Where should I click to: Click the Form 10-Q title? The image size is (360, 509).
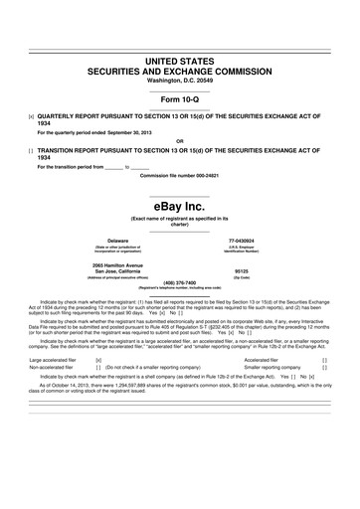coord(180,103)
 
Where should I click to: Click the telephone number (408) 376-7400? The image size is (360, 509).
coord(180,281)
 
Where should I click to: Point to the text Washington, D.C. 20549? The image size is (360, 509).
coord(180,81)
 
